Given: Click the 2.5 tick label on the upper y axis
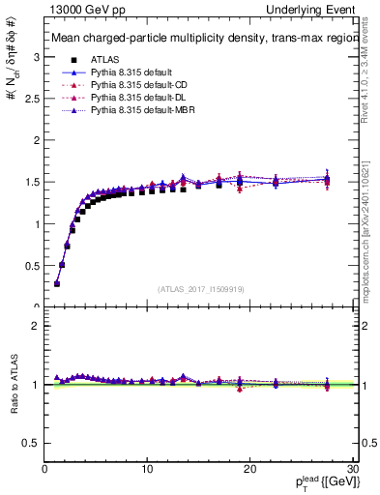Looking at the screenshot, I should tap(32, 99).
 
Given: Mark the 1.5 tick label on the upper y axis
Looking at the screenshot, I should tap(32, 182).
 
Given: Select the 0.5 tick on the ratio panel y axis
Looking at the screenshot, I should tap(32, 443).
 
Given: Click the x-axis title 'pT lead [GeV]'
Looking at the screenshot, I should tap(325, 483).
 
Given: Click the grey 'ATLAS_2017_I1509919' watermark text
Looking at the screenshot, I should tap(200, 287).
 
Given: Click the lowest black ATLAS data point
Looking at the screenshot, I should tap(57, 283).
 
